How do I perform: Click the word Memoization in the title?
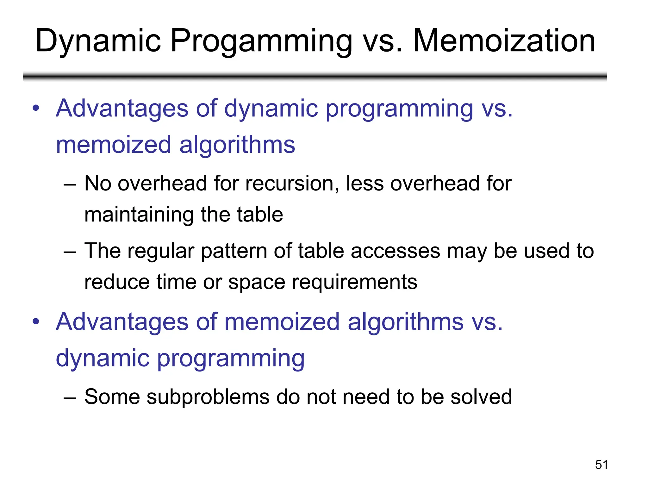point(504,41)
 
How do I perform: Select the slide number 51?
point(601,465)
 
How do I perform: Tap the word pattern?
point(234,251)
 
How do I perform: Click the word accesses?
point(395,251)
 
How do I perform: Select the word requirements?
point(354,282)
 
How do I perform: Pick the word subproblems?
point(208,397)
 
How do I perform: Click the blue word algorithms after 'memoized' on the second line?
point(237,145)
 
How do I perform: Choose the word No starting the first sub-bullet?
point(98,184)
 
